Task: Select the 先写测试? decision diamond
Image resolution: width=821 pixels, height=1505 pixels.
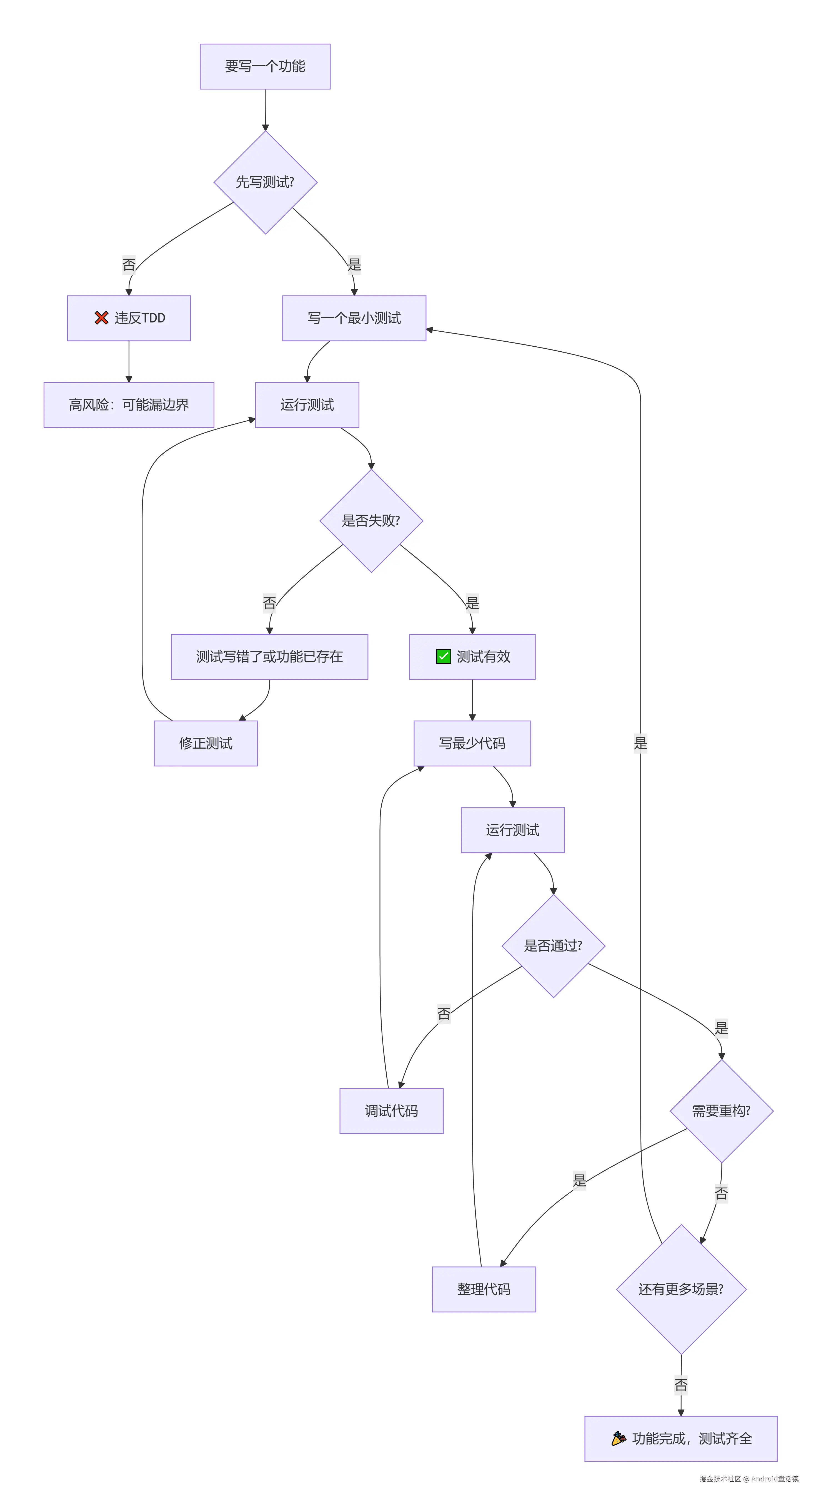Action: (265, 182)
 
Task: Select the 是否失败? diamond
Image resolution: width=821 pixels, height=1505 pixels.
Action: (371, 521)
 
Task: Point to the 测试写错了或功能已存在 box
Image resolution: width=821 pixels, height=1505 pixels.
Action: (269, 657)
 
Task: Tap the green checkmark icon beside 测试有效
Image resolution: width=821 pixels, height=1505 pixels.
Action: (443, 657)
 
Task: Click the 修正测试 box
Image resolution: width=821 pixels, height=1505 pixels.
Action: (206, 743)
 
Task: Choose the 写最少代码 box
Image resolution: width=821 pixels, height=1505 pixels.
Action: (472, 743)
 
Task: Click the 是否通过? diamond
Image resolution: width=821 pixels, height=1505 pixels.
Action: (553, 946)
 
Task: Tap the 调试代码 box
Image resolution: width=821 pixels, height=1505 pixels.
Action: (391, 1111)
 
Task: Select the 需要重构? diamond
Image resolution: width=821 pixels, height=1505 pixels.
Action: (721, 1111)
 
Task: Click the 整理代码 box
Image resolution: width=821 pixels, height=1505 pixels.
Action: (484, 1289)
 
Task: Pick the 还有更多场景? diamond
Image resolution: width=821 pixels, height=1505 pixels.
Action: (681, 1289)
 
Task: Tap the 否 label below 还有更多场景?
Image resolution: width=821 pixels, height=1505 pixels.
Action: (681, 1385)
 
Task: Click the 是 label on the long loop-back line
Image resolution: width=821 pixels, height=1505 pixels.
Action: (640, 743)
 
